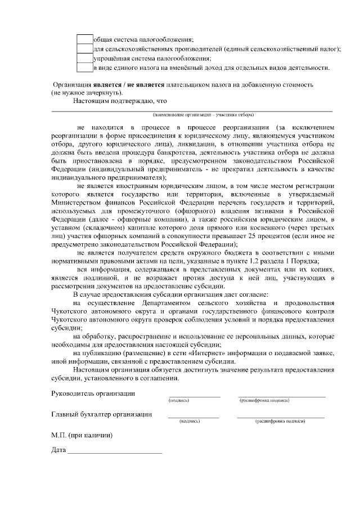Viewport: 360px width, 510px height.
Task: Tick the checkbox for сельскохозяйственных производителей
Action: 84,49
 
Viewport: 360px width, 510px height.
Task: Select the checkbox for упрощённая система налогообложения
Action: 84,59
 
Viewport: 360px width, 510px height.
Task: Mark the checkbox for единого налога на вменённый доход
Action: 84,68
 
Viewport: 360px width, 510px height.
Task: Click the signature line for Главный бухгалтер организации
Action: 193,417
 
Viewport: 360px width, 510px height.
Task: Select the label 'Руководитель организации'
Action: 93,393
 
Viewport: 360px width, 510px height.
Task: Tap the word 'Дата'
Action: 58,450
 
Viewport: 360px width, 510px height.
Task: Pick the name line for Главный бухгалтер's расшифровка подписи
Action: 280,417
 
